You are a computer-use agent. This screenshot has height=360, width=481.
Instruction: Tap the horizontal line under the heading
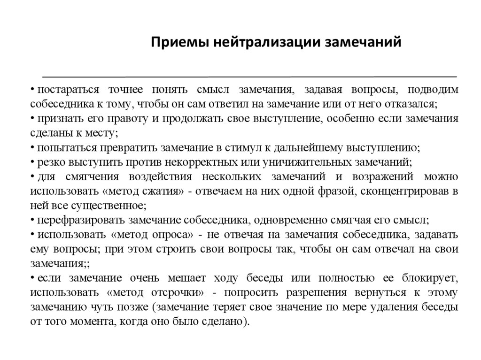(249, 76)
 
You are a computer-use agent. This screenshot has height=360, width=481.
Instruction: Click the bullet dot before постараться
(33, 90)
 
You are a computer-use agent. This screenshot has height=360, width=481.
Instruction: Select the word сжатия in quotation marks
(162, 191)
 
